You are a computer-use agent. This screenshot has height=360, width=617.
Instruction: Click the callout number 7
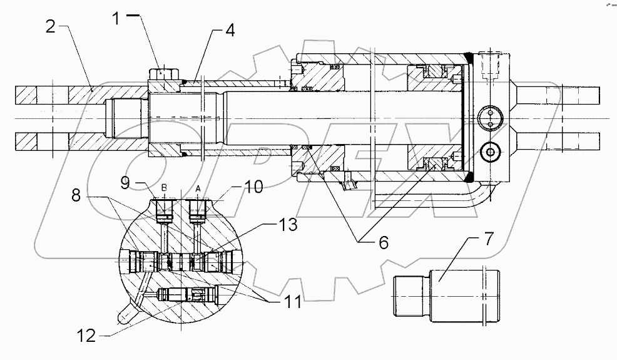tap(488, 239)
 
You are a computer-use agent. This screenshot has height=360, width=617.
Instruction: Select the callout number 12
tap(86, 336)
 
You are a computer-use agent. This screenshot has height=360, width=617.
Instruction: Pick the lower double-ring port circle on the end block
tap(489, 150)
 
